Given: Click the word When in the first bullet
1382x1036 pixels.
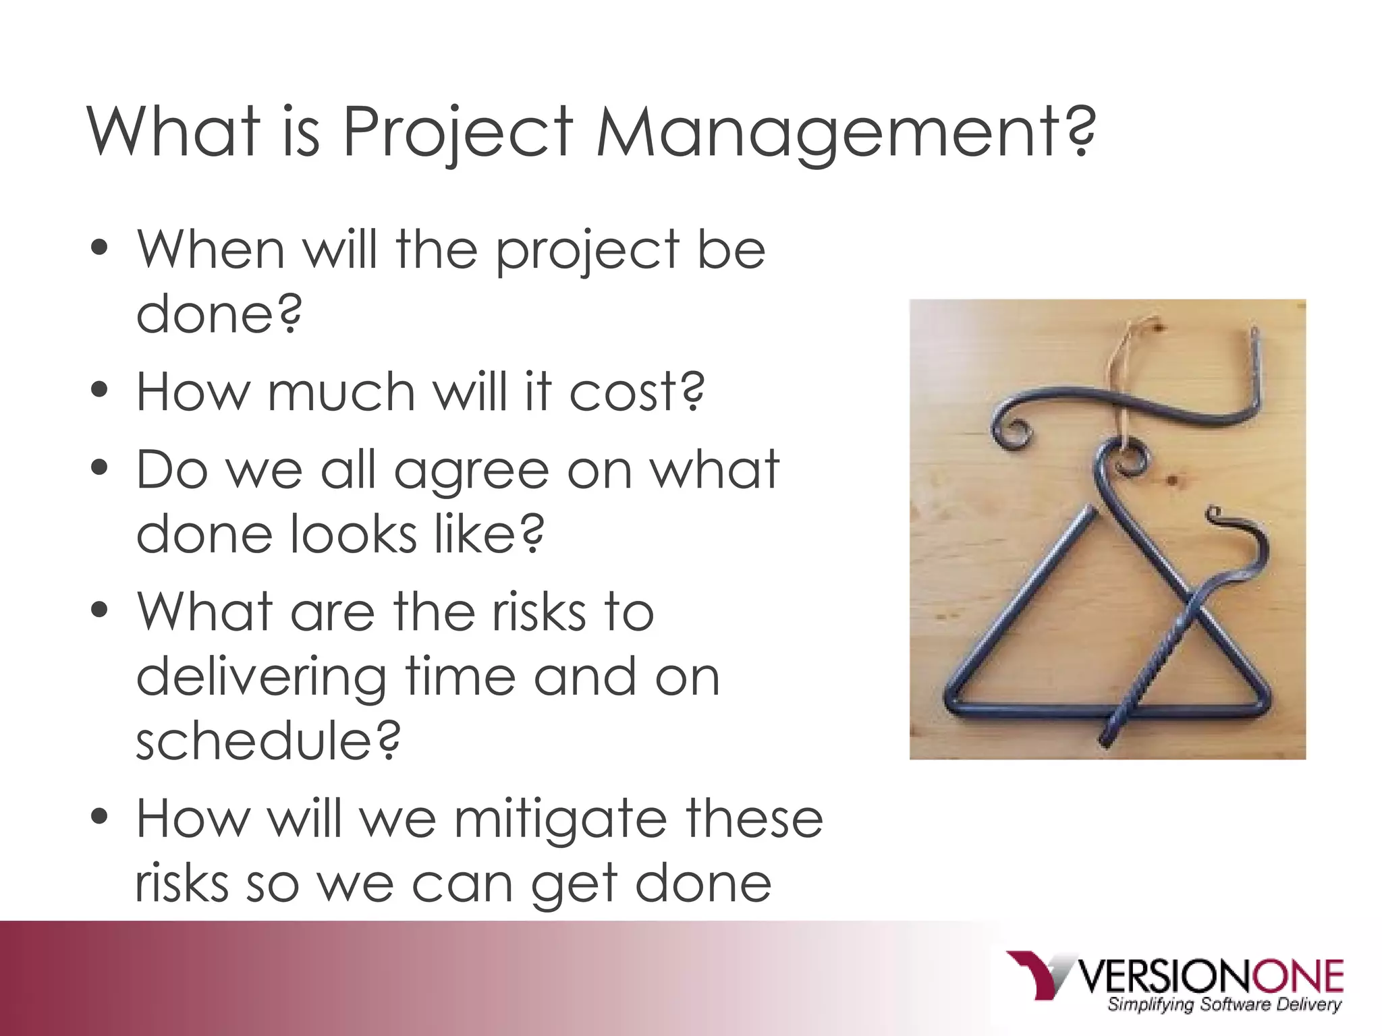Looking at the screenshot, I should coord(211,250).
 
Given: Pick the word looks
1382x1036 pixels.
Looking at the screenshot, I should coord(354,534).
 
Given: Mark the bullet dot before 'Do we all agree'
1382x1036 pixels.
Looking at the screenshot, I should coord(99,467).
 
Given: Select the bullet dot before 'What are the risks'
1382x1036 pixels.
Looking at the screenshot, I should coord(99,609).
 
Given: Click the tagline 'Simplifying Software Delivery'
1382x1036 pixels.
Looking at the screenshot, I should coord(1223,1005).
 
